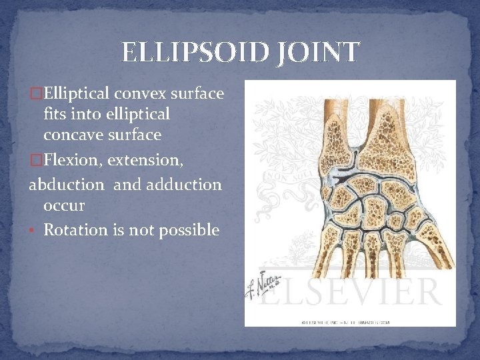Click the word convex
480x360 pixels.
point(141,94)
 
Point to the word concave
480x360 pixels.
point(71,135)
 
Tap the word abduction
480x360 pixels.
point(66,184)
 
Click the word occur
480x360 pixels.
point(64,205)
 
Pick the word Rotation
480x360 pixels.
point(75,230)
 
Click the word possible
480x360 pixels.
point(191,231)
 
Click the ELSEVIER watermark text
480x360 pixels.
point(360,291)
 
